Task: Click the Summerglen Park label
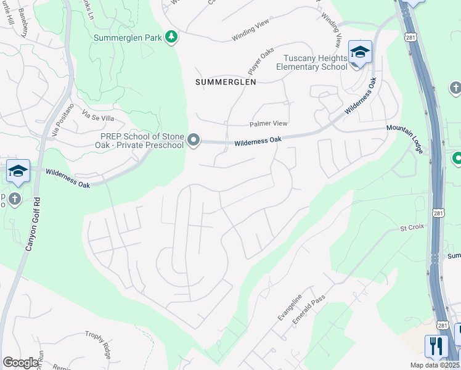[x=128, y=38]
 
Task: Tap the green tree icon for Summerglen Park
[x=172, y=38]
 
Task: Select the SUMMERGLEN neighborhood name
[x=226, y=81]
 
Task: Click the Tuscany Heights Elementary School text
[x=311, y=62]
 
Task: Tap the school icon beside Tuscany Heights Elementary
[x=360, y=53]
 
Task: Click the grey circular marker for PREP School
[x=194, y=141]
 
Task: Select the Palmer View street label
[x=268, y=123]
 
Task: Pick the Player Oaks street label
[x=261, y=60]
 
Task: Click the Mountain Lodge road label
[x=407, y=138]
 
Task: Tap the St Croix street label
[x=412, y=228]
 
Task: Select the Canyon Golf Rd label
[x=33, y=223]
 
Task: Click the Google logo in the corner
[x=20, y=362]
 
